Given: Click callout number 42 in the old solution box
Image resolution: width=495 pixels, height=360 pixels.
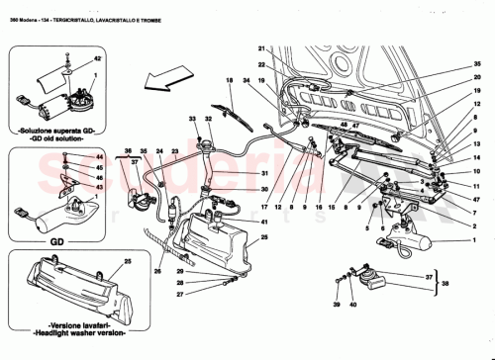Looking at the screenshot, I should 96,61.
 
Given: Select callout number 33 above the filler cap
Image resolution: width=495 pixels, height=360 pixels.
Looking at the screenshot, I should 193,120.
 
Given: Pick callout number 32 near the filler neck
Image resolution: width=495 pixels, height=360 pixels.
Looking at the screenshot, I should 207,120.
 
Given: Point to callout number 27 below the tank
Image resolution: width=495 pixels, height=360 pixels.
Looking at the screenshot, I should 181,293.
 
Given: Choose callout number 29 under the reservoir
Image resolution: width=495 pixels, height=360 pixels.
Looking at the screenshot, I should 181,272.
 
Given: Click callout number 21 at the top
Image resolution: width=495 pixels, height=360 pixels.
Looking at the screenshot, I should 263,49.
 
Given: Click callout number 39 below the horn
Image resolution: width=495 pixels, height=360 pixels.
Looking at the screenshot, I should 337,306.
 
